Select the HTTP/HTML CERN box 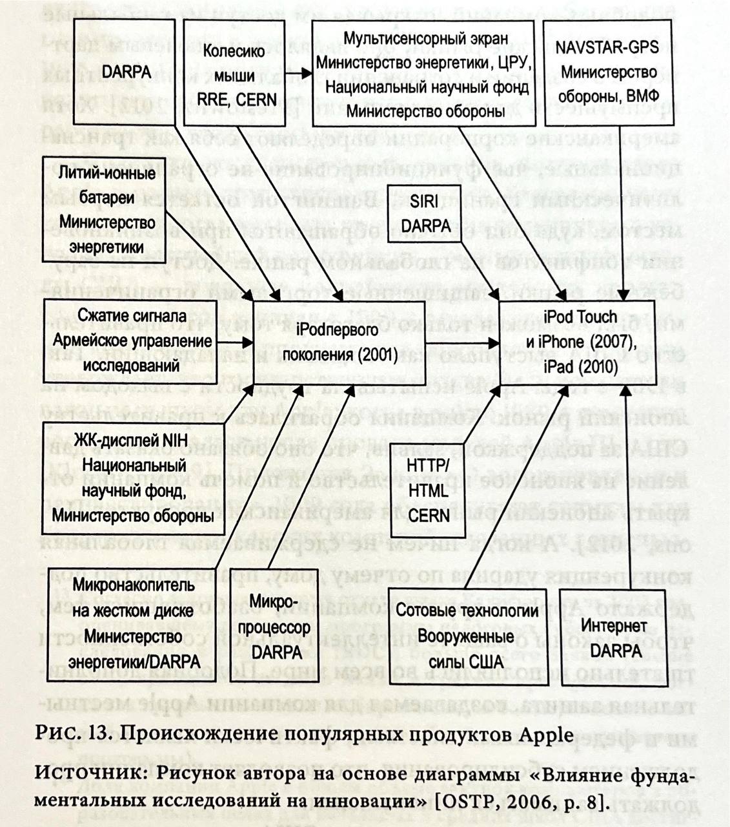tap(429, 490)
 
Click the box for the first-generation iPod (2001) tap(340, 343)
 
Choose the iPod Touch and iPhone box tap(576, 343)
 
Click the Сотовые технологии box tap(467, 636)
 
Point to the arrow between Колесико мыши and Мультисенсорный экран tap(299, 72)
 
